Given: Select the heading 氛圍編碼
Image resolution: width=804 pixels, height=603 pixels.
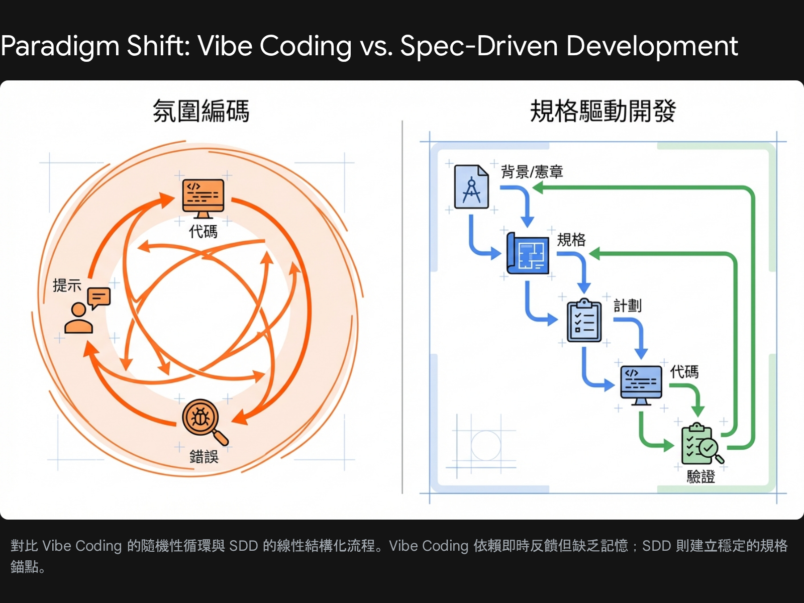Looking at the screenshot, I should coord(201,111).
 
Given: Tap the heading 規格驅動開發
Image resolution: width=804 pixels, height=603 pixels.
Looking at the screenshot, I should coord(602,111).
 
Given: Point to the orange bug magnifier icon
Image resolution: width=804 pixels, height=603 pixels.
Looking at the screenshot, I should coord(204,421).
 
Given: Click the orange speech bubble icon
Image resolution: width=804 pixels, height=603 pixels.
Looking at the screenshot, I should coord(99,298).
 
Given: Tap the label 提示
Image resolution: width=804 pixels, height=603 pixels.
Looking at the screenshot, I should coord(67,285).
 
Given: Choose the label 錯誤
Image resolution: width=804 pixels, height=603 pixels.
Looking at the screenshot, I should coord(204,457).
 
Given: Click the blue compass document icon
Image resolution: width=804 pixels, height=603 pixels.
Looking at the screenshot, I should coord(471,187).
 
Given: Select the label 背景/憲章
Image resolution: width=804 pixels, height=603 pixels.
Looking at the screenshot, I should coord(532,172).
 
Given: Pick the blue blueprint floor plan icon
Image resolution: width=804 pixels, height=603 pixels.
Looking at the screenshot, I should coord(528,253).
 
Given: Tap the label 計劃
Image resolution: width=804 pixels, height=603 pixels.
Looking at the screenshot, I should coord(627,306).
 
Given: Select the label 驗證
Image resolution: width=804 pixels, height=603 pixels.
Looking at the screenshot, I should coord(700,476).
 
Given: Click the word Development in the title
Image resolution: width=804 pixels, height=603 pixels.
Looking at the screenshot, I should coord(652,47).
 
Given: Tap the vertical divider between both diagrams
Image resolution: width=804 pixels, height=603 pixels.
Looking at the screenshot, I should coord(402,307).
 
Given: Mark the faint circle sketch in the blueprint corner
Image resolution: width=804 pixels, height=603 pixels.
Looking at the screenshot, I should coord(485,445).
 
